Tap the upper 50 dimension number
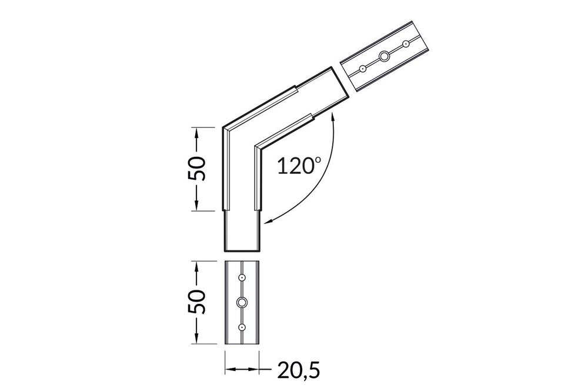198,169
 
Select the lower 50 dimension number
198,302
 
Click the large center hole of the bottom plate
242,302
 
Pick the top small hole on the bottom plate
242,277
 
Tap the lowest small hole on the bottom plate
242,327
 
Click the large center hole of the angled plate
384,56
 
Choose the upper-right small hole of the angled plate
405,43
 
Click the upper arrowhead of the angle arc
333,118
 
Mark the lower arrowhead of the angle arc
268,221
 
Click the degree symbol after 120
319,159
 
